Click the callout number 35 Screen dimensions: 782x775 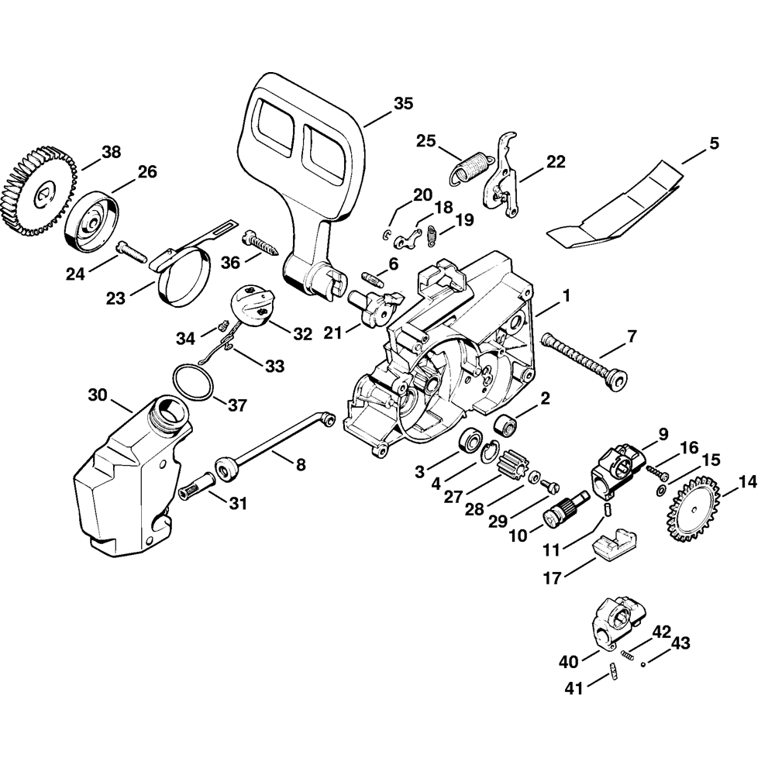403,103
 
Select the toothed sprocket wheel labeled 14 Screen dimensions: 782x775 695,509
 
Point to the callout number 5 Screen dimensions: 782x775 714,143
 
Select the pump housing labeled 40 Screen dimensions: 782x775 617,622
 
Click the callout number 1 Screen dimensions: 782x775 567,295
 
